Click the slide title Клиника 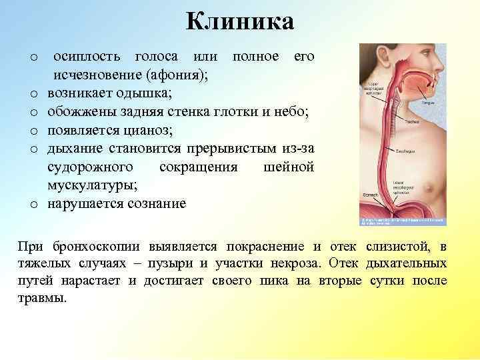coord(240,22)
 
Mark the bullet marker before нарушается coord(34,203)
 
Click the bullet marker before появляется coord(34,130)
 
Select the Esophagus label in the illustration coord(407,151)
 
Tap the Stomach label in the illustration coord(370,195)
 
